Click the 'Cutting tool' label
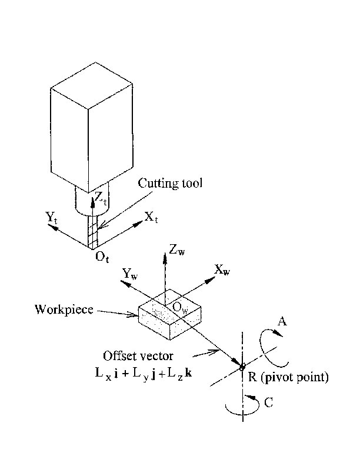point(170,183)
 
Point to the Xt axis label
point(152,218)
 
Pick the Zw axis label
point(176,251)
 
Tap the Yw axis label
point(130,273)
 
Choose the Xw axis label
point(222,270)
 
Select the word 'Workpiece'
point(64,309)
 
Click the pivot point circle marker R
point(242,367)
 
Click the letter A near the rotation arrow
point(282,321)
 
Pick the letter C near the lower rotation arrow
point(268,404)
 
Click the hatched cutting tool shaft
point(92,233)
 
